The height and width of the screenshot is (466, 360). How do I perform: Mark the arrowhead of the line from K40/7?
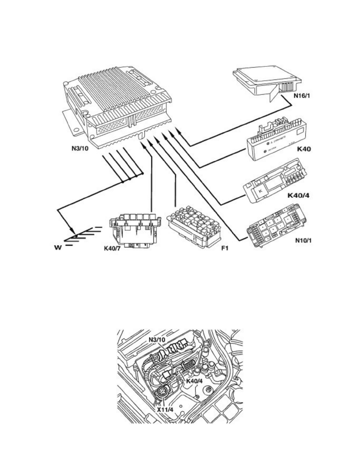pos(144,146)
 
